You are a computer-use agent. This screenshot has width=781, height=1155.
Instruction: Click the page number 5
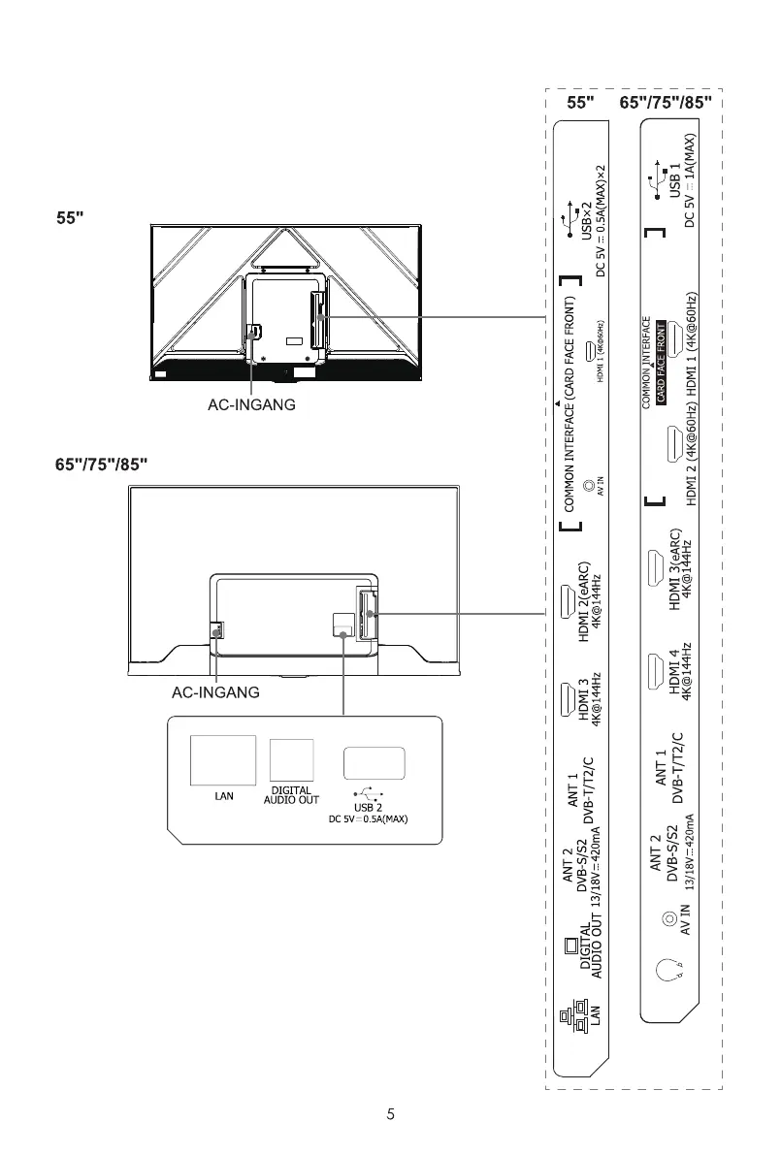(x=390, y=1114)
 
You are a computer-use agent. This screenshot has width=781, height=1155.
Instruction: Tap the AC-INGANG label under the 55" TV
(x=251, y=405)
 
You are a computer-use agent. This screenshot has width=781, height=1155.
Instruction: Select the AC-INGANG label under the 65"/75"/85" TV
(x=214, y=694)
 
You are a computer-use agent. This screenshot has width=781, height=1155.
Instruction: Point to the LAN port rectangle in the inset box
(x=223, y=760)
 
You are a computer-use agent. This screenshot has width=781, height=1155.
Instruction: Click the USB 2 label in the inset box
(x=368, y=807)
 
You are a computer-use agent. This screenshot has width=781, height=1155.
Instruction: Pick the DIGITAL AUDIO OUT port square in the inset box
(x=291, y=761)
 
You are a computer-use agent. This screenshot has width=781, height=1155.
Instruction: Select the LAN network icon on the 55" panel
(x=569, y=1019)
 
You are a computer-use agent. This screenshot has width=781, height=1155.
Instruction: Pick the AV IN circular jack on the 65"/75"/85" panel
(x=667, y=917)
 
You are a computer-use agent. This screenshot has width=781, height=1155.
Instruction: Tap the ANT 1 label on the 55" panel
(x=574, y=789)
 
